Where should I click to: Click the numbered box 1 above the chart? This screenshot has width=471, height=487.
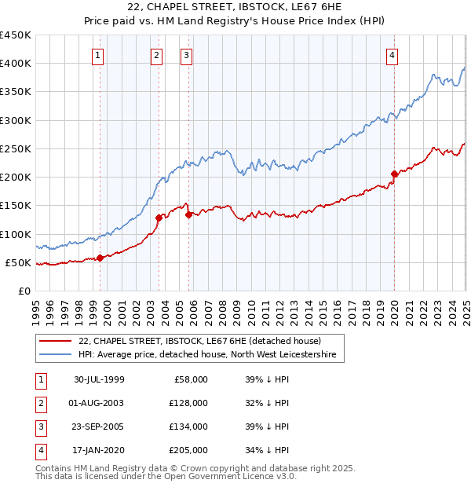(x=97, y=55)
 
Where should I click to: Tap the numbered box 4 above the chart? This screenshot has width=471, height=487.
(x=391, y=55)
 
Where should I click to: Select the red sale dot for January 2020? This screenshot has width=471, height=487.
(x=394, y=174)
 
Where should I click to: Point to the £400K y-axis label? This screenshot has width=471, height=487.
(x=16, y=64)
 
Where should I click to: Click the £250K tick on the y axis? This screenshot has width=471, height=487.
(x=16, y=148)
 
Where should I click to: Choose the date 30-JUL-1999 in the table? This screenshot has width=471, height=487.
(x=99, y=379)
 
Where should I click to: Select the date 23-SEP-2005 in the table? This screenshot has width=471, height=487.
(x=99, y=427)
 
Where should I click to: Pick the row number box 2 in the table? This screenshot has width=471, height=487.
(x=41, y=403)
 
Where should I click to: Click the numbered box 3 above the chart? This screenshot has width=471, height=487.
(x=186, y=55)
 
